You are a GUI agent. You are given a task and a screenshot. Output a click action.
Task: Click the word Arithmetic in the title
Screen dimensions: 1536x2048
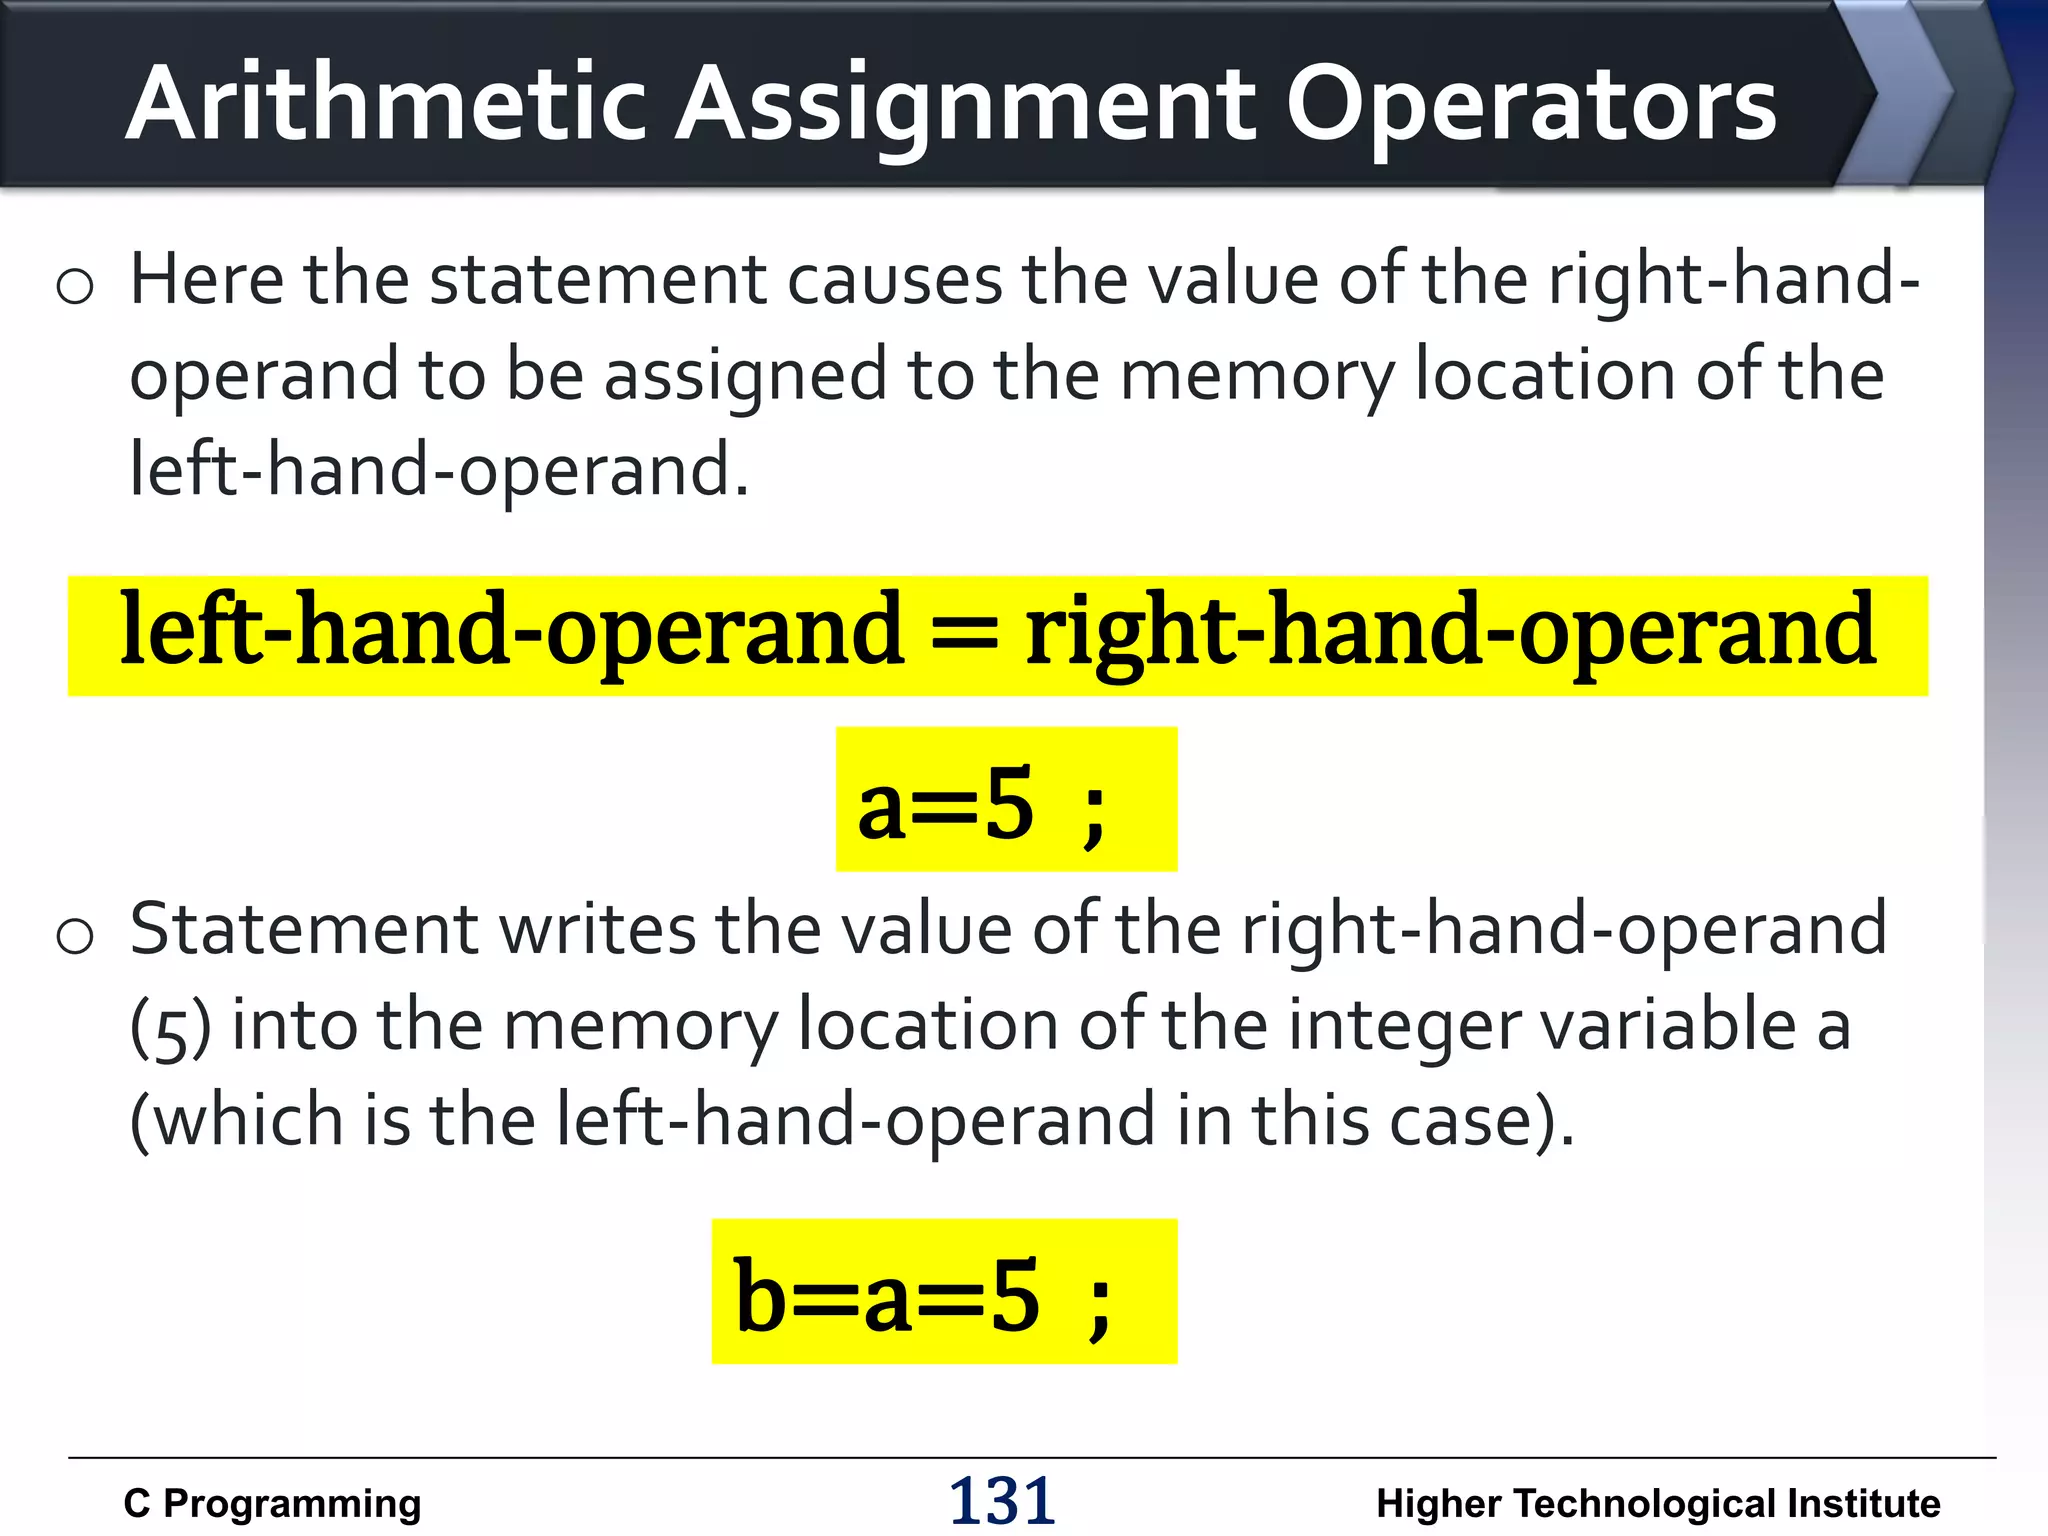[386, 103]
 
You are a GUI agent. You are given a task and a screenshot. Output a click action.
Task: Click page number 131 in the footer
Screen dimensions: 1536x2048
[1001, 1501]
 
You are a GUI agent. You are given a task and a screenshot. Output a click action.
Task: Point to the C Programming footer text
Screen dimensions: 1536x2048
[272, 1504]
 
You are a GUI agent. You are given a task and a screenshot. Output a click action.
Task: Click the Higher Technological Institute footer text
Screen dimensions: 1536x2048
[1658, 1504]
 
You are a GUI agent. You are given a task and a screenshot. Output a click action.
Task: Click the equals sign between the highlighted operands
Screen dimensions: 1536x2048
[964, 634]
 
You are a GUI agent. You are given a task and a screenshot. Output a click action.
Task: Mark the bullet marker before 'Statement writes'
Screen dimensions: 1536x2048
[75, 936]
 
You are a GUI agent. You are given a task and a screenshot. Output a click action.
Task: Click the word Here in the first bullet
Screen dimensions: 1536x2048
[206, 280]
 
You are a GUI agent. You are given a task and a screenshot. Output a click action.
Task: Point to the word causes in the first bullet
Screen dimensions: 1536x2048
[894, 280]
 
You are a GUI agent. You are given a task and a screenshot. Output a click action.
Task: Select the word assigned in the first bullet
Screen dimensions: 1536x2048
[745, 376]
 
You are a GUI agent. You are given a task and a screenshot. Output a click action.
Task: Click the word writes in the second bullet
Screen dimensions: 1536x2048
[597, 930]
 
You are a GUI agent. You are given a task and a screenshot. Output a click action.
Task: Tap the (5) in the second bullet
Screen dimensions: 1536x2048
[170, 1028]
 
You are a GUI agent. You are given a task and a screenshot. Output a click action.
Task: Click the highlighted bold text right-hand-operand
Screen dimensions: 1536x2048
[1450, 634]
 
